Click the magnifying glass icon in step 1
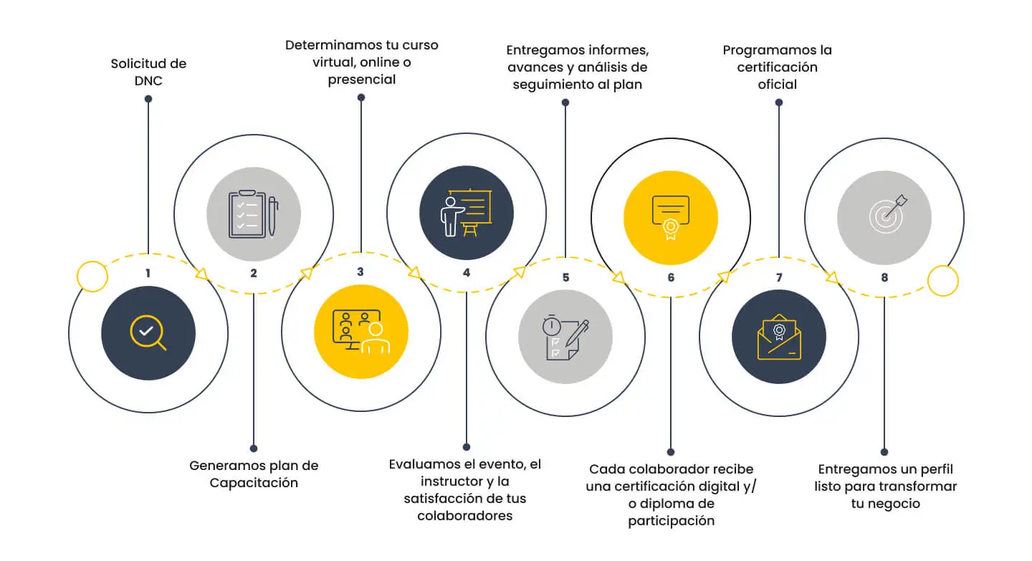point(148,332)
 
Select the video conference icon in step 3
point(361,332)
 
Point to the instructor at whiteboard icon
point(467,213)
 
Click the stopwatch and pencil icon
point(565,337)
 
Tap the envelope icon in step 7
point(779,337)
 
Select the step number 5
point(565,277)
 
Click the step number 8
point(884,277)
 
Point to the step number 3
point(360,272)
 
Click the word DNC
point(148,80)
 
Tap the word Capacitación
point(254,483)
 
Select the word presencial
point(362,80)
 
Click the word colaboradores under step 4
point(465,515)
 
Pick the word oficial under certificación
point(777,85)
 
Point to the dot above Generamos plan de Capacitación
point(254,449)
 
